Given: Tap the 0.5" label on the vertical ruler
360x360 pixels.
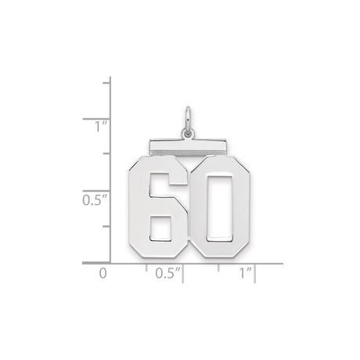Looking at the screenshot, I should click(x=95, y=200).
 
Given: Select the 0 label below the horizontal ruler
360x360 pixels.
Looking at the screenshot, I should click(x=101, y=275).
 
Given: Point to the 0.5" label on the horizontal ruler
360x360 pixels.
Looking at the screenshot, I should click(x=169, y=275).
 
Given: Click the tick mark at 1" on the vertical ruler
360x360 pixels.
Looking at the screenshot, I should click(x=109, y=117).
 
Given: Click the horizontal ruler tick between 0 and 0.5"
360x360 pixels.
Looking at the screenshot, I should click(x=146, y=268).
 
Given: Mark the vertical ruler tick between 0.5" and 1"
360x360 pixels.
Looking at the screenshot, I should click(x=109, y=154).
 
